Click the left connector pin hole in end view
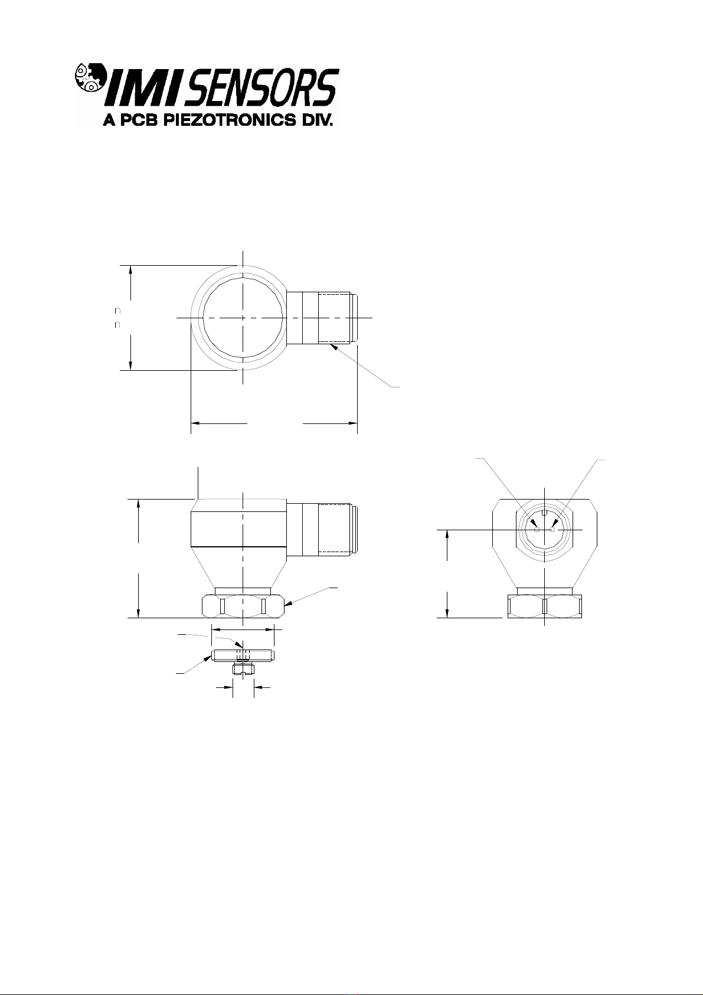(x=537, y=530)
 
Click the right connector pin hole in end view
(x=552, y=530)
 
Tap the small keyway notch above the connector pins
(x=544, y=513)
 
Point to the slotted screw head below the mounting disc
(x=243, y=668)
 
